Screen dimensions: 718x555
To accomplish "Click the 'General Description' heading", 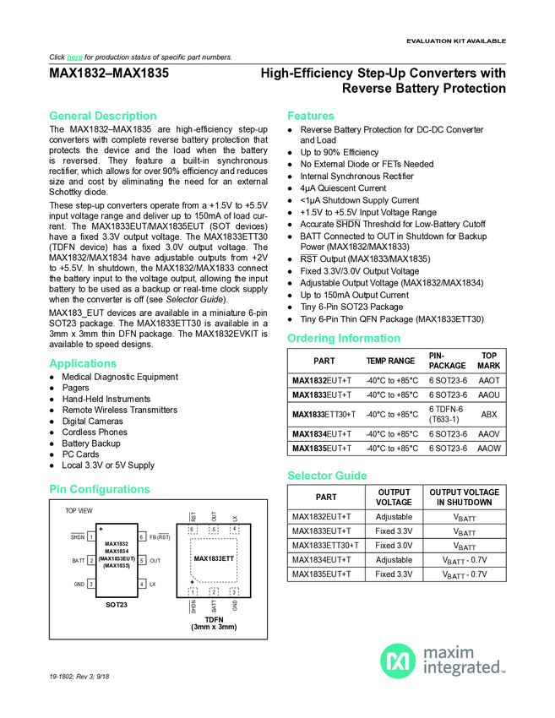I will coord(102,116).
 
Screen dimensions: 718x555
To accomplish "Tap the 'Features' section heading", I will coord(310,116).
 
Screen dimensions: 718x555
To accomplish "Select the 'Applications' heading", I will coord(83,363).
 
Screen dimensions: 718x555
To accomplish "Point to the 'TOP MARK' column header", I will coord(488,361).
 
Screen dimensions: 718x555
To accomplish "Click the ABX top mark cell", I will coord(488,414).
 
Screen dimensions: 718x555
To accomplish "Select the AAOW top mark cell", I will coord(488,448).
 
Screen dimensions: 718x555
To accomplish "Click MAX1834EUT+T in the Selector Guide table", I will coord(322,560).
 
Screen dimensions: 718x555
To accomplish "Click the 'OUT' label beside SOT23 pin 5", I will coord(155,561).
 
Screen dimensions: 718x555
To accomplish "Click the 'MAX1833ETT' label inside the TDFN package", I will coord(214,559).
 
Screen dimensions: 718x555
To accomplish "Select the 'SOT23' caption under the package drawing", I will coord(116,605).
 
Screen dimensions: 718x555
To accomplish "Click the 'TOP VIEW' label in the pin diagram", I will coord(79,511).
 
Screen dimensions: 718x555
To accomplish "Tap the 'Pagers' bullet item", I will coord(75,389).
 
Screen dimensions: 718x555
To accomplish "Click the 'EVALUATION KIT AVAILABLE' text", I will coord(455,41).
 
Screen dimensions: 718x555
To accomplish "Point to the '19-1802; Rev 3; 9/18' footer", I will coord(81,700).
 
